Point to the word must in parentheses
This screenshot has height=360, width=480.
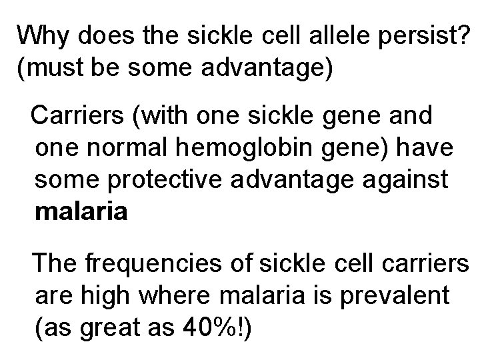[55, 69]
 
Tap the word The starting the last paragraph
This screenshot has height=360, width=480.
[55, 262]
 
